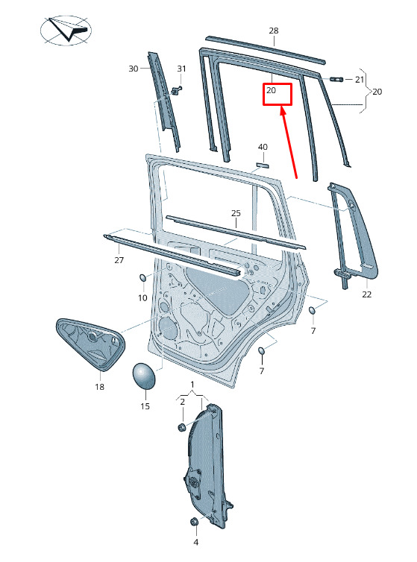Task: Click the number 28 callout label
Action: point(274,31)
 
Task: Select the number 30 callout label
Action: point(133,69)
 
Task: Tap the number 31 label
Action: point(181,69)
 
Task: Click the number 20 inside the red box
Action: point(272,90)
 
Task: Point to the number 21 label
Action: point(360,80)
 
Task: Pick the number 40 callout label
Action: point(263,147)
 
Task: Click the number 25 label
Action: point(236,213)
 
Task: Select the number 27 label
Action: point(119,260)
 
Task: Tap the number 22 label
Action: point(367,294)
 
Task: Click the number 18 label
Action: point(100,387)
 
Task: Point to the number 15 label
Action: point(145,406)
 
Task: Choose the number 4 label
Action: point(196,543)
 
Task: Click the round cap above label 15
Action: point(144,376)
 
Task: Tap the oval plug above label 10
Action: point(142,278)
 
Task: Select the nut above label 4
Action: point(194,522)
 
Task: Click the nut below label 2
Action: point(182,427)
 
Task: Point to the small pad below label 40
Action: point(263,165)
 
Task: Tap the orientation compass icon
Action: point(66,30)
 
